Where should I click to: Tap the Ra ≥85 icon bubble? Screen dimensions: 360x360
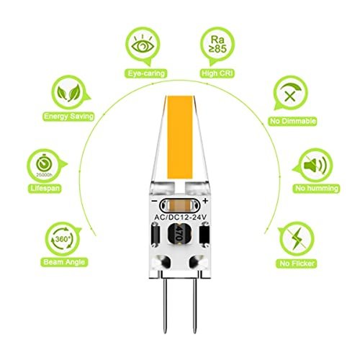coord(217,46)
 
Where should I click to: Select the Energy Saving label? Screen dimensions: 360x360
coord(68,117)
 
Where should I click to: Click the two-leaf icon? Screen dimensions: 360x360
coord(68,92)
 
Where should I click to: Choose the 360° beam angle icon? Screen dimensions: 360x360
coord(63,239)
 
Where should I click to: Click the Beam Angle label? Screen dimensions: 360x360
coord(64,262)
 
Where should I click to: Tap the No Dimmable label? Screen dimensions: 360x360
coord(292,121)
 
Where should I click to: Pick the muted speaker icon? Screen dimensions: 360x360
coord(315,165)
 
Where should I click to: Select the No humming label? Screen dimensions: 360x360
coord(316,188)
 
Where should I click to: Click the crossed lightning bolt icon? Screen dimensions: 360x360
coord(297,239)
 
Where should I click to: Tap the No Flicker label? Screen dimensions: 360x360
coord(297,264)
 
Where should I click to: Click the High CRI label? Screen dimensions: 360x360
coord(217,73)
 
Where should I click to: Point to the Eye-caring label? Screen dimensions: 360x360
coord(146,73)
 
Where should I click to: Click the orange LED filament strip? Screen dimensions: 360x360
coord(180,138)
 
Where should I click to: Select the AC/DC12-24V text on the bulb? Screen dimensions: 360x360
coord(180,217)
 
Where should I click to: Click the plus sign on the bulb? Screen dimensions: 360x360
coord(205,201)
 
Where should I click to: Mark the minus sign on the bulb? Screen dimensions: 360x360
coord(155,201)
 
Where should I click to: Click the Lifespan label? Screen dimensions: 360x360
coord(45,188)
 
